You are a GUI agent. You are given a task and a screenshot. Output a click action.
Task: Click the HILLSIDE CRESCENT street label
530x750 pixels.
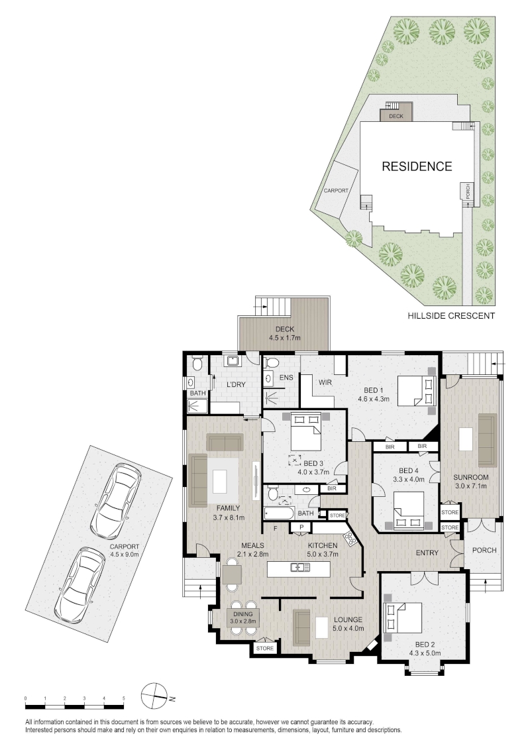pos(451,315)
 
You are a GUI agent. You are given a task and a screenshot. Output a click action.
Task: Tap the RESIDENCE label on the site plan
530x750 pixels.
pos(417,166)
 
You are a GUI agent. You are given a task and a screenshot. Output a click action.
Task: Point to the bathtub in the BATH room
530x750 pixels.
pos(280,513)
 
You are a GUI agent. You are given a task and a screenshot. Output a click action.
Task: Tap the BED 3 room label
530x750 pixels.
pos(313,463)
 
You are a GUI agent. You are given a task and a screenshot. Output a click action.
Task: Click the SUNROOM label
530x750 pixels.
pos(470,477)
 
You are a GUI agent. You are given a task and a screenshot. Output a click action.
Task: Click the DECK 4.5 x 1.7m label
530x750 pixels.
pos(285,333)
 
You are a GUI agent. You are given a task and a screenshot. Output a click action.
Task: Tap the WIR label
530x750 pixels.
pos(325,382)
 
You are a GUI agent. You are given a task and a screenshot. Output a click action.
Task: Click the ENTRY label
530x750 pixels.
pos(427,553)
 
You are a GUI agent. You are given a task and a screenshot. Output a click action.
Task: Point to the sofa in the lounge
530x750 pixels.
pos(301,627)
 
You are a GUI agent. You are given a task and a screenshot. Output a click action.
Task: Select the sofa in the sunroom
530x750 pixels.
pos(488,440)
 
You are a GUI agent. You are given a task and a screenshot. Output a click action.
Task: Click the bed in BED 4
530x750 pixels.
pos(409,510)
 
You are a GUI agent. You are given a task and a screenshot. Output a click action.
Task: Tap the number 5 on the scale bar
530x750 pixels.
pos(123,698)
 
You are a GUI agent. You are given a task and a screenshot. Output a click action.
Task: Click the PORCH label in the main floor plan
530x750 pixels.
pos(484,550)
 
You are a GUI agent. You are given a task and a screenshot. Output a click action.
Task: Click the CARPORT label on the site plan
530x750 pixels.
pos(336,190)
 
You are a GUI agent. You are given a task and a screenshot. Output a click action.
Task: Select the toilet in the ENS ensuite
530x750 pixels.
pos(269,363)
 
